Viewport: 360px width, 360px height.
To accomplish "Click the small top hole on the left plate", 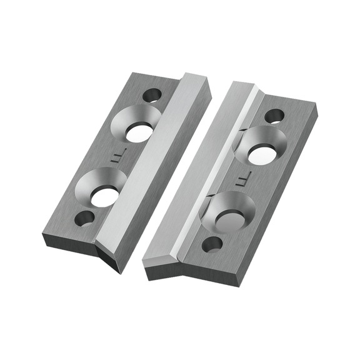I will tap(152, 96).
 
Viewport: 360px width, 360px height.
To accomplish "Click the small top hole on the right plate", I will tap(274, 116).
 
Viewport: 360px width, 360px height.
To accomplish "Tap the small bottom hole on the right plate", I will tap(212, 244).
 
